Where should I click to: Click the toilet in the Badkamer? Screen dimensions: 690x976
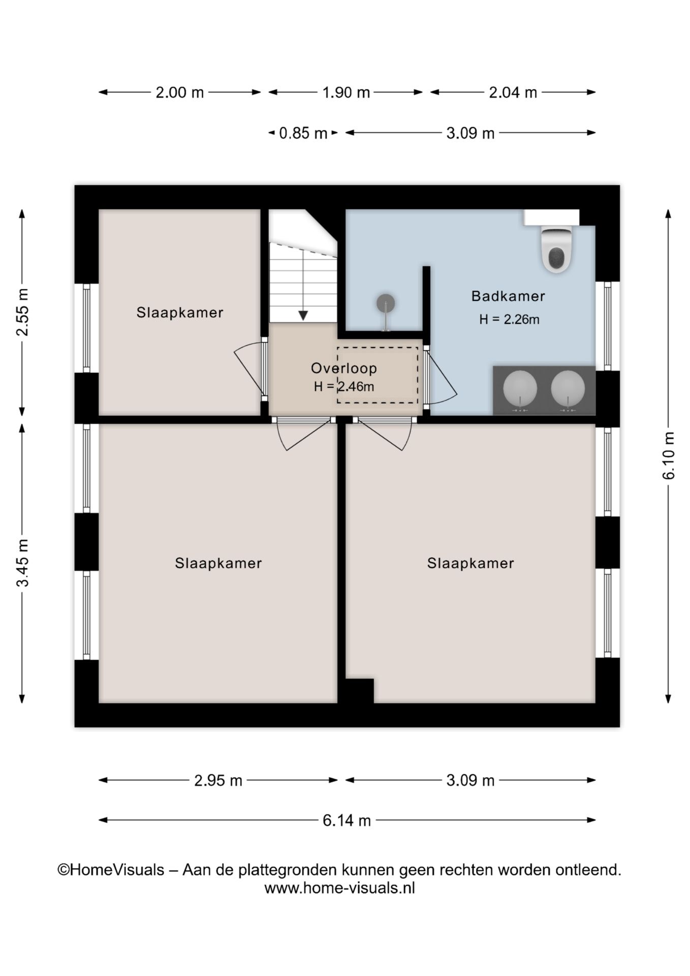pyautogui.click(x=557, y=249)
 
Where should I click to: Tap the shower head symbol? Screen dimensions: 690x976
pyautogui.click(x=386, y=303)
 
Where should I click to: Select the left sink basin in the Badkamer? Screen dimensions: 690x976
pyautogui.click(x=520, y=388)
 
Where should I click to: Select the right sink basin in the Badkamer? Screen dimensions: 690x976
pyautogui.click(x=568, y=388)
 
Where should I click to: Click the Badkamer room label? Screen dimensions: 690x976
pyautogui.click(x=508, y=296)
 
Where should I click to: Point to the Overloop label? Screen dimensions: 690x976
pyautogui.click(x=344, y=368)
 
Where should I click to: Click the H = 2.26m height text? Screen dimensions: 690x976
pyautogui.click(x=509, y=319)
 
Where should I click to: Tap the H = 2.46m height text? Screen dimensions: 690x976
pyautogui.click(x=344, y=386)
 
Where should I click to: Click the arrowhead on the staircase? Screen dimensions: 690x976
pyautogui.click(x=303, y=315)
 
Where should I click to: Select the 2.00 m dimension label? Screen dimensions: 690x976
pyautogui.click(x=180, y=93)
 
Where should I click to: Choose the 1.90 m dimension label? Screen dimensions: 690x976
pyautogui.click(x=346, y=93)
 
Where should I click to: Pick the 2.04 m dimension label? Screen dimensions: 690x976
pyautogui.click(x=513, y=93)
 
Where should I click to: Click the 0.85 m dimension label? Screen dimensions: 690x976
pyautogui.click(x=303, y=133)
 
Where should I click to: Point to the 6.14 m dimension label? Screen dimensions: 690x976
pyautogui.click(x=347, y=820)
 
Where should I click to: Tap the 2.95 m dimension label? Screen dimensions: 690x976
pyautogui.click(x=218, y=780)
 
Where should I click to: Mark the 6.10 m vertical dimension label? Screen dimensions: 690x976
pyautogui.click(x=669, y=455)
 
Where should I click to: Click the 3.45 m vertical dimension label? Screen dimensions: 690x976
pyautogui.click(x=22, y=563)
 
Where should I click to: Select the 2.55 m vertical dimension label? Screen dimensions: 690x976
pyautogui.click(x=22, y=312)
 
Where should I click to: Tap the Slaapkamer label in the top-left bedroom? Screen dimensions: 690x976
pyautogui.click(x=180, y=312)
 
